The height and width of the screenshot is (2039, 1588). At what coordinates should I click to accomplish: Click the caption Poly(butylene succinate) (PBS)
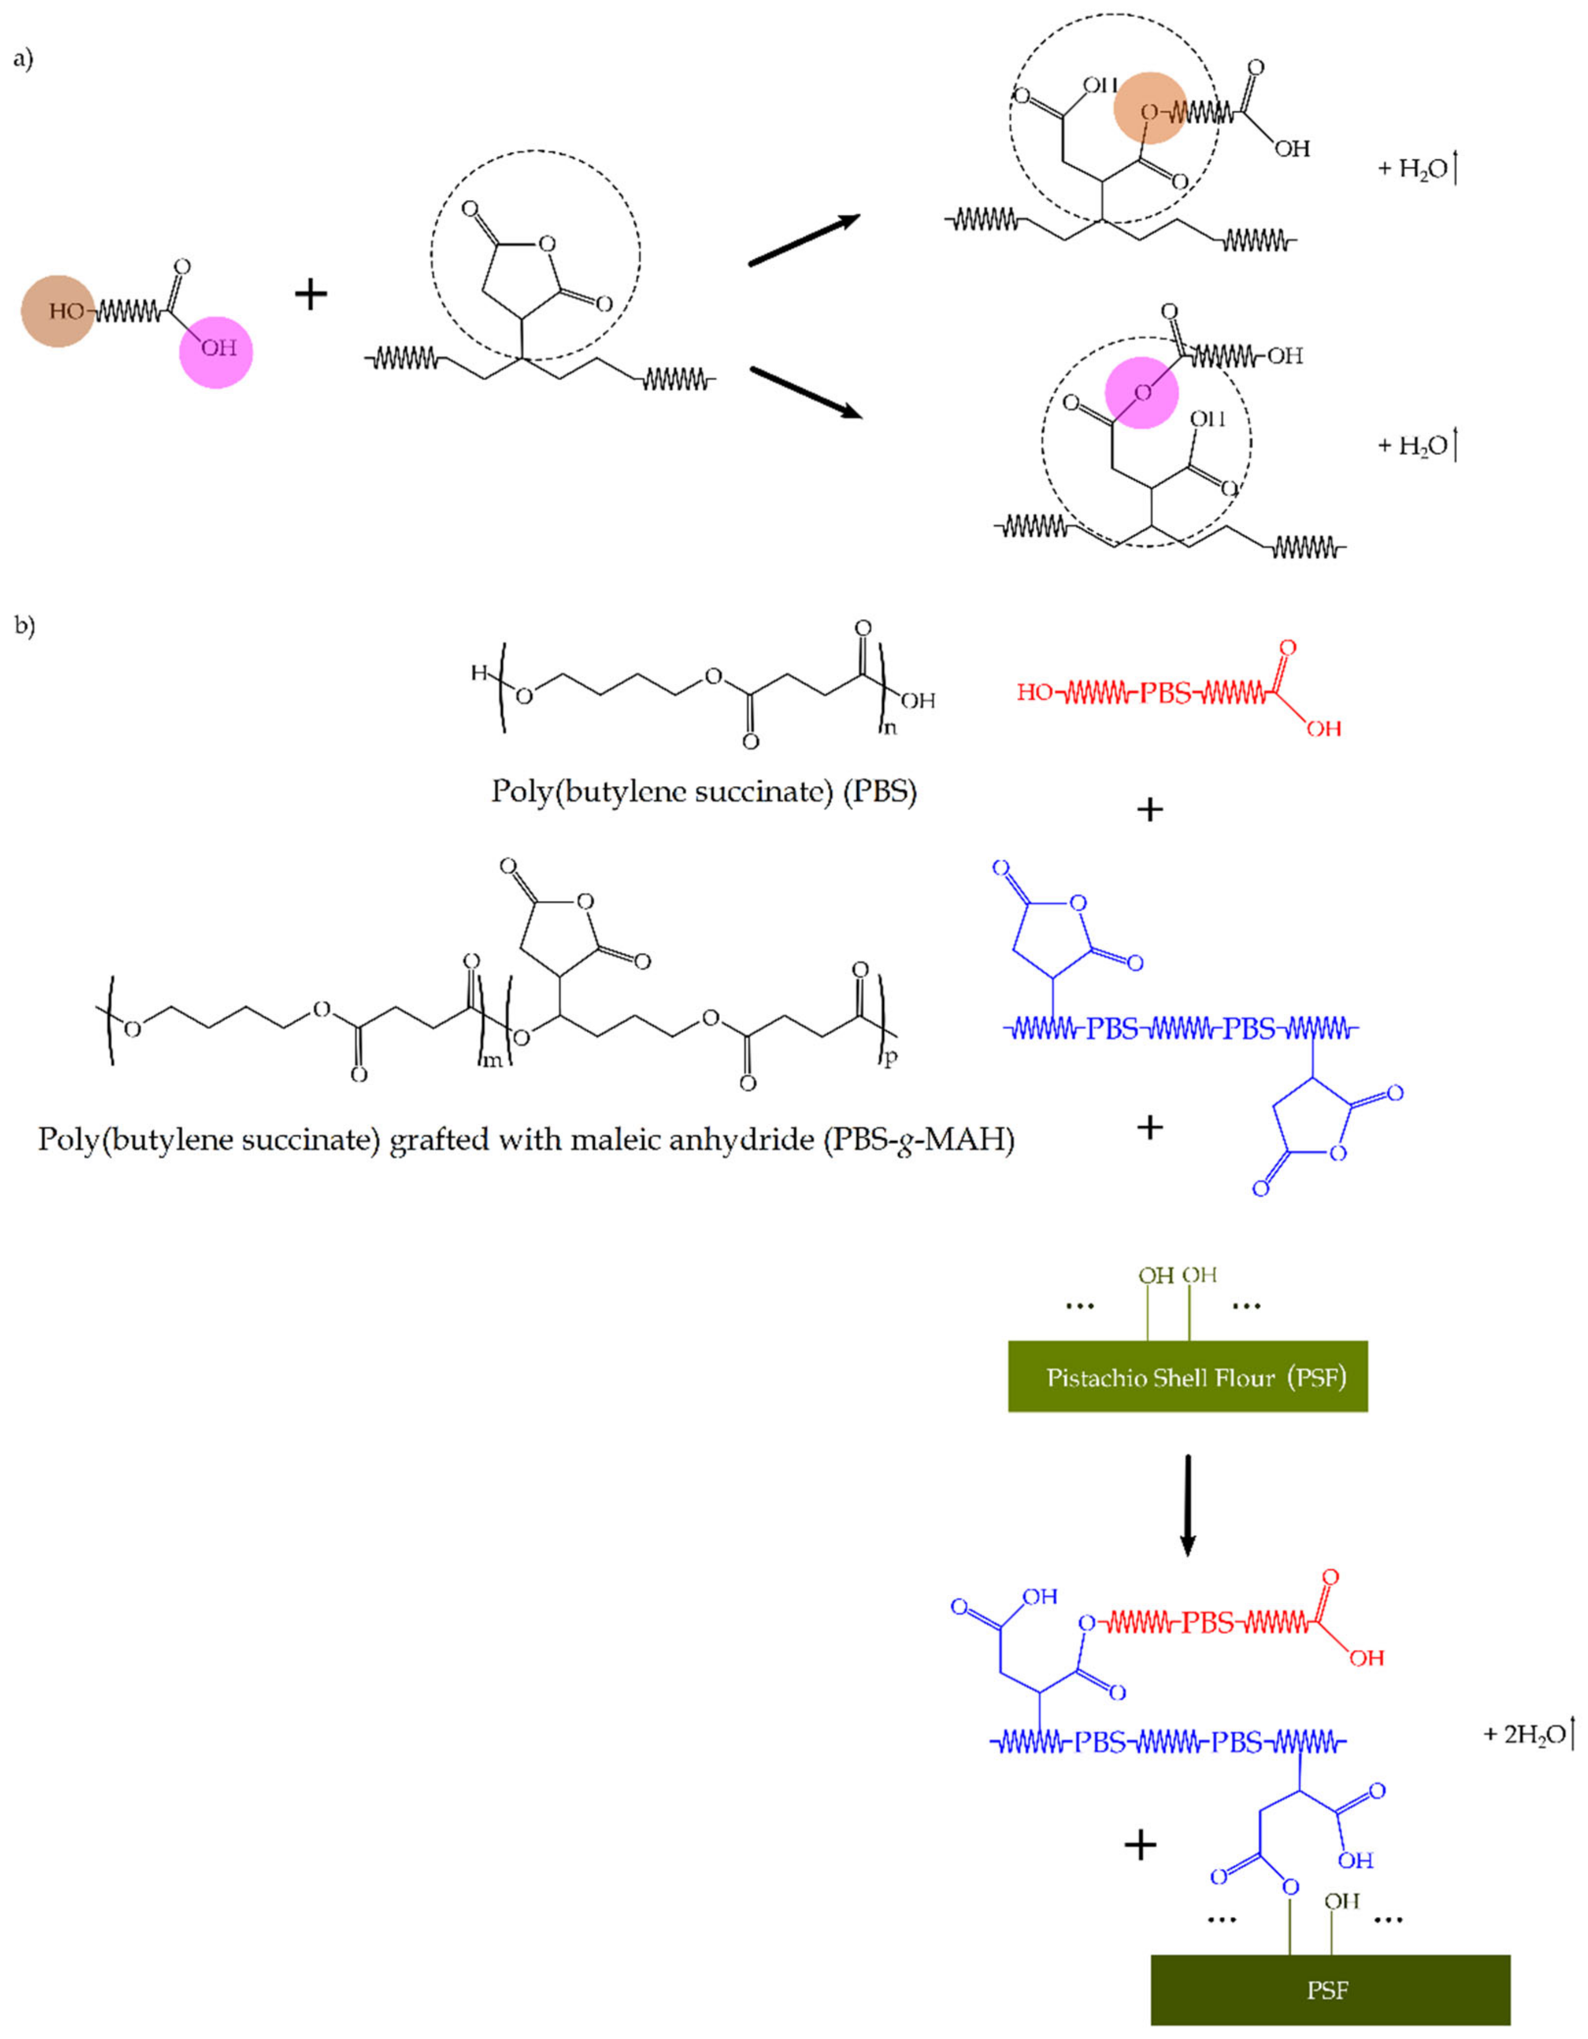[704, 792]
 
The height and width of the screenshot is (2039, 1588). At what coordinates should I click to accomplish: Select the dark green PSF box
[1329, 1989]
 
